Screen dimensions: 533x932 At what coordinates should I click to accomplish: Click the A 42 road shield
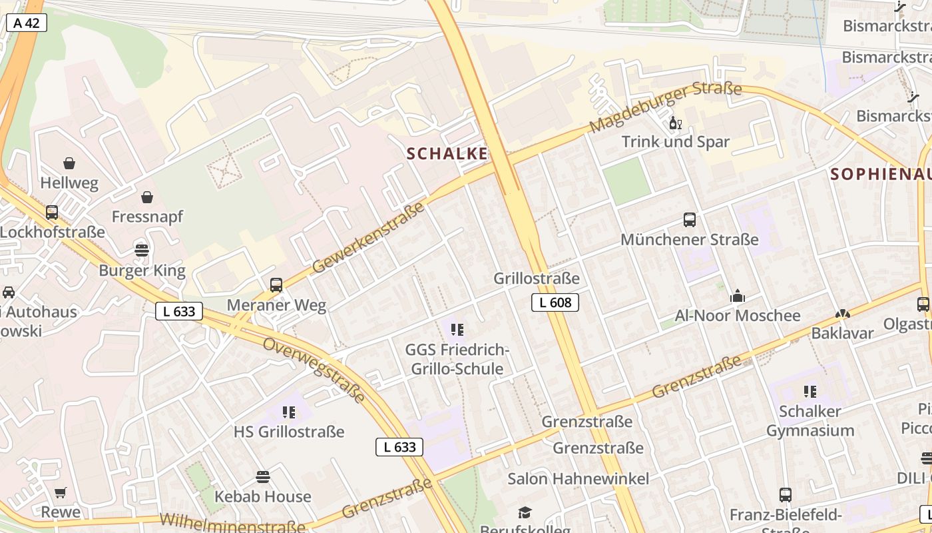27,23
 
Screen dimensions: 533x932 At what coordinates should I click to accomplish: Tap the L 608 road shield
555,302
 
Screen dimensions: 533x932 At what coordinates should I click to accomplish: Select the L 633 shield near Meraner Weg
179,311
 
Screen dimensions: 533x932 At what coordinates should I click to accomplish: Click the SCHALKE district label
447,154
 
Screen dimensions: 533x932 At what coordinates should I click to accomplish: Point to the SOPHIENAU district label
880,175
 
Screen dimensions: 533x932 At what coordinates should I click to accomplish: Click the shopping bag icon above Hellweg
69,163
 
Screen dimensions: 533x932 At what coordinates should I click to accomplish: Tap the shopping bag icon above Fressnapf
147,197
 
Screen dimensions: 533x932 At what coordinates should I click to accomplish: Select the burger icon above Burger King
142,251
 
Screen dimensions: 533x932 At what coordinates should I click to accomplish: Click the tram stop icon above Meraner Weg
276,285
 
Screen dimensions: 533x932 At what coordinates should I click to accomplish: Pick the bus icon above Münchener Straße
690,219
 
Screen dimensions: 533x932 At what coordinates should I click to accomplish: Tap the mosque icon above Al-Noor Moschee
738,295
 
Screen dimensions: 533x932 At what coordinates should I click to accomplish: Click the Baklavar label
842,333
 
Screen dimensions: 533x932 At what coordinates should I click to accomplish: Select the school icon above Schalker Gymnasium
810,391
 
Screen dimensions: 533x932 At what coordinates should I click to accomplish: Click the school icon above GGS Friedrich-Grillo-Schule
457,329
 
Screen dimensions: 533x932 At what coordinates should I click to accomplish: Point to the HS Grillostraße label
289,432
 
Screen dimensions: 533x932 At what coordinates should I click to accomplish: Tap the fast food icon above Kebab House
263,477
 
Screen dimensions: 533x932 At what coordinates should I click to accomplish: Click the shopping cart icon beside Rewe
61,493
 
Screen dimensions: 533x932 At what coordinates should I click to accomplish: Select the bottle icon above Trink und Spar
675,123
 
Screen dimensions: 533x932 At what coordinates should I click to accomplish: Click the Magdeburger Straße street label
665,107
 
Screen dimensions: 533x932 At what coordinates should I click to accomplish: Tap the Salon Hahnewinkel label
578,478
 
